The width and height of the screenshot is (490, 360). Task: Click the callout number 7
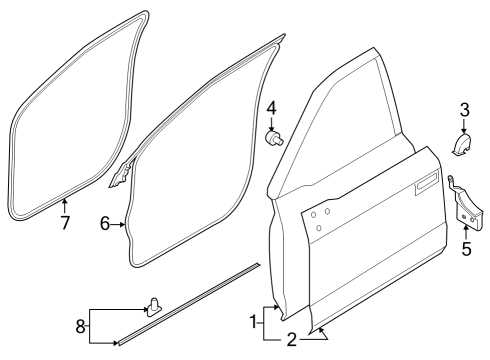point(64,223)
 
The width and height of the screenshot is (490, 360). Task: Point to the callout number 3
point(464,109)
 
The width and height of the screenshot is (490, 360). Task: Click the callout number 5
point(465,249)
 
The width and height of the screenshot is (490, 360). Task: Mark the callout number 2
point(292,339)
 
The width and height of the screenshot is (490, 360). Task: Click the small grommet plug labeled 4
point(272,136)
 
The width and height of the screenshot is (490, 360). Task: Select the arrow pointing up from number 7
point(64,204)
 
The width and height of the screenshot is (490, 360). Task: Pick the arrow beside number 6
point(121,226)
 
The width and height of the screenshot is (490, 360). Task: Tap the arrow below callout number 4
point(271,123)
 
